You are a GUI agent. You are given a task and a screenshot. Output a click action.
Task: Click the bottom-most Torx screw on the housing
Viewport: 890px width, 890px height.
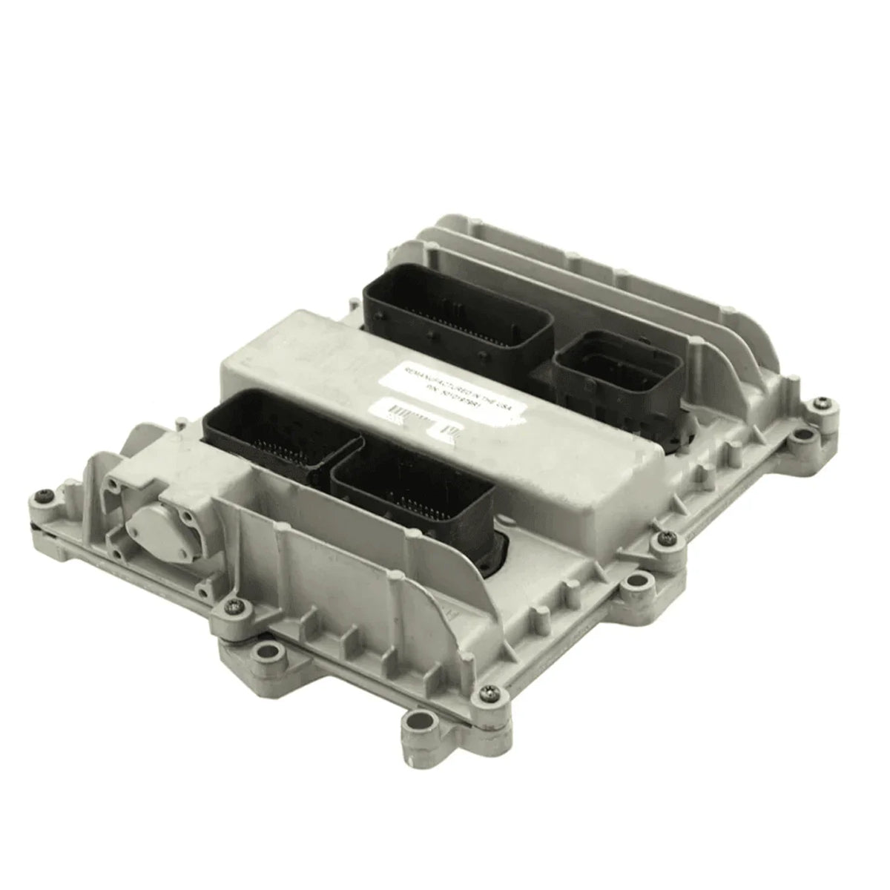489,693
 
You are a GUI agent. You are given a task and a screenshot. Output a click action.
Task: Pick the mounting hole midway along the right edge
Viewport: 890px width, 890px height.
634,586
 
